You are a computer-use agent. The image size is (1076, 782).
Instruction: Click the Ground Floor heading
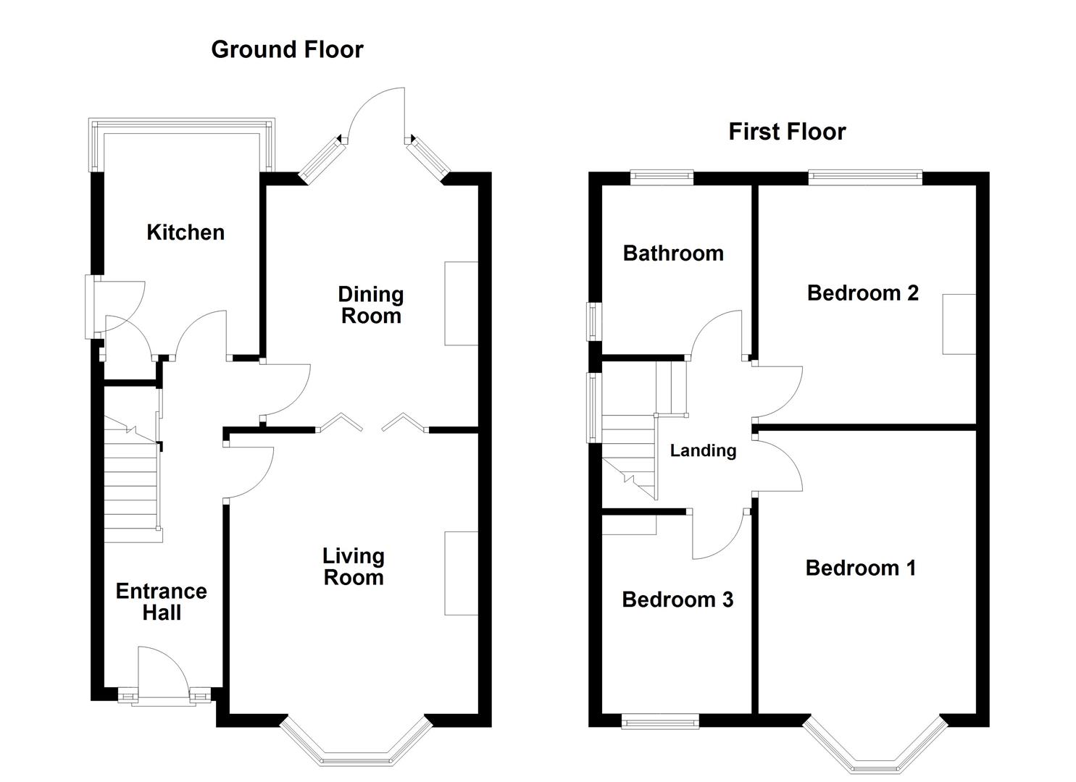(287, 49)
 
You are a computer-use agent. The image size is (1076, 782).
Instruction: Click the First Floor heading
(787, 132)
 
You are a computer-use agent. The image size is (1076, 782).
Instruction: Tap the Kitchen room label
(185, 232)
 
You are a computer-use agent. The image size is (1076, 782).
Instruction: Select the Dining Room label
(371, 306)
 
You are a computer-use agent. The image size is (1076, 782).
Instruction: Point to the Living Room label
(354, 566)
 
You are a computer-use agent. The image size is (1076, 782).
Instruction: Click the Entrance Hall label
(162, 602)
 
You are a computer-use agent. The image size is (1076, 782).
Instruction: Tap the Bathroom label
(673, 253)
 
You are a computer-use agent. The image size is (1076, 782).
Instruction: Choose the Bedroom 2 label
(863, 293)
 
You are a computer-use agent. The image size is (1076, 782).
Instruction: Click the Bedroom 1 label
(861, 568)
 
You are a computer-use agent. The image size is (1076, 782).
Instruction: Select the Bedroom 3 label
(677, 600)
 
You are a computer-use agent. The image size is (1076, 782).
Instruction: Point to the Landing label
(704, 450)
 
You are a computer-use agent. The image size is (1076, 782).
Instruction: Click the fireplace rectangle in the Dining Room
(461, 303)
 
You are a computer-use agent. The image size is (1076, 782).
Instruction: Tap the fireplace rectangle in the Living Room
(461, 573)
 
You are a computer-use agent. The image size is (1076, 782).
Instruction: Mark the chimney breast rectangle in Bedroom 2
(959, 324)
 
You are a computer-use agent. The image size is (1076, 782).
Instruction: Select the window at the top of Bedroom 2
(865, 177)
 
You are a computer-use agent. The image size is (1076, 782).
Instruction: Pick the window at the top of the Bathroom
(662, 177)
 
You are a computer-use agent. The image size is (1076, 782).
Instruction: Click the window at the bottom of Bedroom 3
(660, 721)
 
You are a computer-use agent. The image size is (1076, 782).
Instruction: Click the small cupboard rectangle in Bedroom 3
(629, 525)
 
